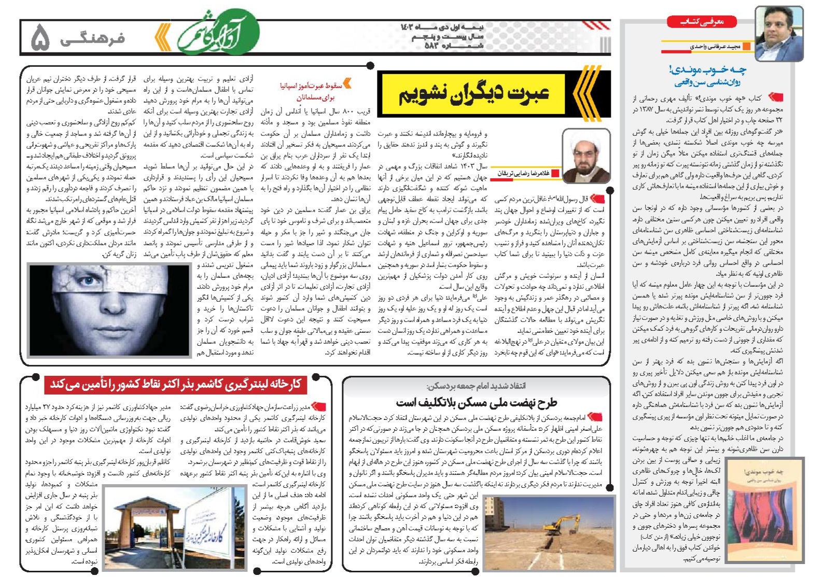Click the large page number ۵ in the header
(x=40, y=38)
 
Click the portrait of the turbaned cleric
(x=586, y=156)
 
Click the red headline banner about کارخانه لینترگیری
(x=176, y=385)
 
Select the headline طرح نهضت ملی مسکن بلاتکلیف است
(x=476, y=402)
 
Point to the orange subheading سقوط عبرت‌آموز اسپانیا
(x=311, y=86)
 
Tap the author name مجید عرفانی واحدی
(x=715, y=47)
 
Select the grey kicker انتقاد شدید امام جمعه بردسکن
(x=476, y=386)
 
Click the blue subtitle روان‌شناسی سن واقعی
(x=708, y=82)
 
